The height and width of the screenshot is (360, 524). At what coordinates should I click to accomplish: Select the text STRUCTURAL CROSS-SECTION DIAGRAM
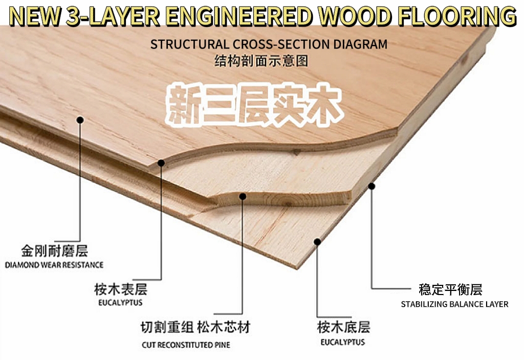click(x=269, y=44)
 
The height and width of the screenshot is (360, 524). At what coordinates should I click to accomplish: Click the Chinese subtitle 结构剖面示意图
click(x=261, y=61)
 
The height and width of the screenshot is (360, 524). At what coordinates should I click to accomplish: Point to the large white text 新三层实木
click(x=254, y=105)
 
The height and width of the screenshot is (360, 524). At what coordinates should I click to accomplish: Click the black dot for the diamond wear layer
click(x=80, y=120)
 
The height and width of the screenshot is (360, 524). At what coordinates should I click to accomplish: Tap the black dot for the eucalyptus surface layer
click(x=161, y=163)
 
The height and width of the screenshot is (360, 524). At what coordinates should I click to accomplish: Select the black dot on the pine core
click(x=243, y=196)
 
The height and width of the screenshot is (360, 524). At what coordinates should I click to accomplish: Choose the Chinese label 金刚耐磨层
click(x=55, y=251)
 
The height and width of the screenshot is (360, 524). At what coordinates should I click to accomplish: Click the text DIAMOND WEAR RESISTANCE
click(x=54, y=265)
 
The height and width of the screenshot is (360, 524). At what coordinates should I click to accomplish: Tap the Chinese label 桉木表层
click(x=121, y=289)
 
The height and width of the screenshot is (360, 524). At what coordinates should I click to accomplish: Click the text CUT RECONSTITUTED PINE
click(x=186, y=345)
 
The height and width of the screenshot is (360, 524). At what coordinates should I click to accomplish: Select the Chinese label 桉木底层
click(x=343, y=327)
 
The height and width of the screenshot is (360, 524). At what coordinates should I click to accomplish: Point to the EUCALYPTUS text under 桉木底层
click(x=343, y=342)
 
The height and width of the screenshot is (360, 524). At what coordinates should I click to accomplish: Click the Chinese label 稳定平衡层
click(x=450, y=290)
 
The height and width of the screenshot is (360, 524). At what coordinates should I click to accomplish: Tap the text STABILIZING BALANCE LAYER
click(x=454, y=304)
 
